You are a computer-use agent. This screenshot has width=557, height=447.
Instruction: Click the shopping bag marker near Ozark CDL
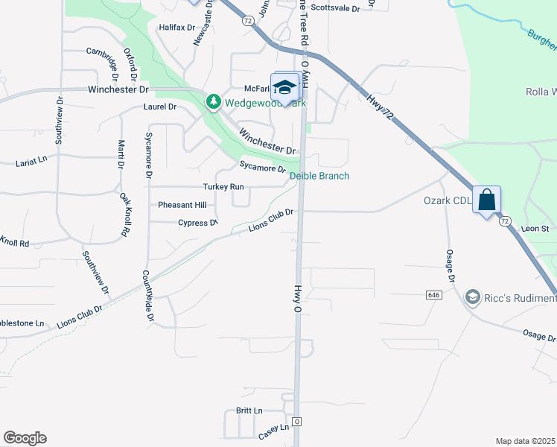coord(487,200)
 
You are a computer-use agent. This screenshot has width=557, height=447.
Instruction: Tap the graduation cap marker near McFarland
coord(284,88)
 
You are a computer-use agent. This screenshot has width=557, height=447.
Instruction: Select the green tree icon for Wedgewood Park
coord(214,101)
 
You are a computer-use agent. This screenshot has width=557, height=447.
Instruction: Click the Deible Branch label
coord(319,176)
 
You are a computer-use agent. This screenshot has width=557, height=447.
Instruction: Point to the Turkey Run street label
coord(223,186)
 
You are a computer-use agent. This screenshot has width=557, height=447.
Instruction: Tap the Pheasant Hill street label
coord(182,205)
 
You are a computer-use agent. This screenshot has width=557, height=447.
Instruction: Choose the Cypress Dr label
coord(198,223)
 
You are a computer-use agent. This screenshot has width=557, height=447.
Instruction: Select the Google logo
coord(25,438)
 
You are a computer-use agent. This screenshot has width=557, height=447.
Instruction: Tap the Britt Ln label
coord(249,410)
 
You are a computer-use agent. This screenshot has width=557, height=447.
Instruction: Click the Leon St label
coord(535,229)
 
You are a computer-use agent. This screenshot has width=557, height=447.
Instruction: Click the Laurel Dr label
coord(160,107)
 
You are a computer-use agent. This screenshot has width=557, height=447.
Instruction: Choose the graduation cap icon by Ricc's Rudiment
coord(471,298)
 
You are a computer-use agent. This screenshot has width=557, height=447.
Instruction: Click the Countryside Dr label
coord(149,297)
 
